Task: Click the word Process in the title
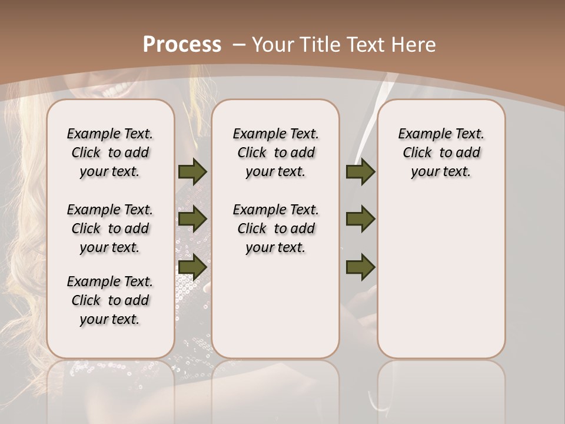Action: (182, 45)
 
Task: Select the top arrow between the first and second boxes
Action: (192, 172)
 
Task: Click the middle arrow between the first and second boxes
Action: (192, 219)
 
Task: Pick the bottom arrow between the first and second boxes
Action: (192, 267)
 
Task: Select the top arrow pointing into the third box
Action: (360, 172)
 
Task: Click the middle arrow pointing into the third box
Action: (360, 219)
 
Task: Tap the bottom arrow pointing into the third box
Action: (360, 267)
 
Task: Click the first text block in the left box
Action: (110, 153)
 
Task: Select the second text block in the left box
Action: (110, 228)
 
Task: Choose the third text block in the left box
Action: (110, 300)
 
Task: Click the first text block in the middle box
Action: (275, 153)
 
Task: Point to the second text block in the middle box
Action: (275, 228)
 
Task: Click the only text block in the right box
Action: (441, 153)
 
